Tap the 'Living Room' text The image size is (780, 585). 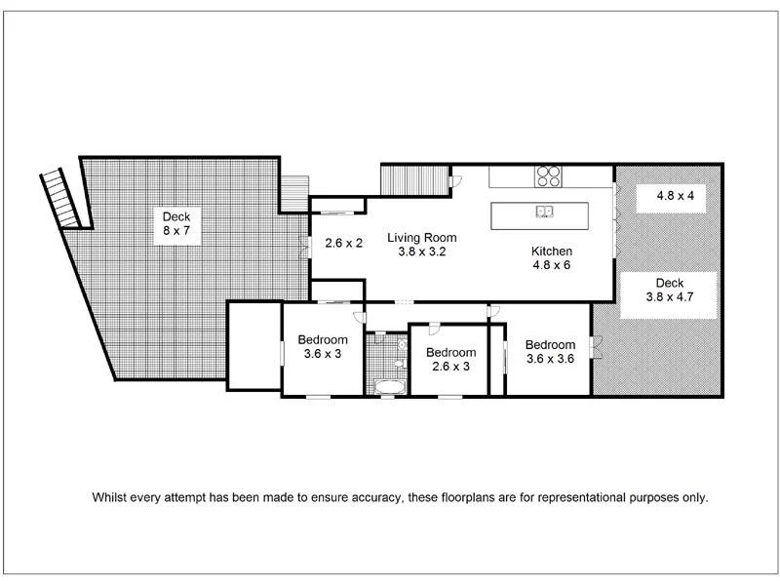(x=421, y=237)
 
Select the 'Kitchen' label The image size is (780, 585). (x=551, y=251)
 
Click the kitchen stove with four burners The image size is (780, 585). (x=549, y=176)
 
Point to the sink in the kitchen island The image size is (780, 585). (x=544, y=212)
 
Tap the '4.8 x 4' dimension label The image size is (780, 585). (x=675, y=196)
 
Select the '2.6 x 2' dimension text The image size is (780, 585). (x=343, y=244)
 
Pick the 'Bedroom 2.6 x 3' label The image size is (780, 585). (x=450, y=360)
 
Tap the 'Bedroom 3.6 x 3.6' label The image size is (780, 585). (x=550, y=351)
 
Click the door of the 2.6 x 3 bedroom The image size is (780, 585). (x=433, y=331)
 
